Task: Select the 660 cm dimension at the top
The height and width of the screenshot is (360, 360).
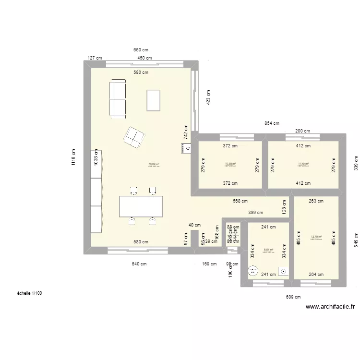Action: click(x=141, y=50)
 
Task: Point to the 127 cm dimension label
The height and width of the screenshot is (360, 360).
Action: click(x=95, y=58)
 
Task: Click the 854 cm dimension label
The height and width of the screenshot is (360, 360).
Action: click(x=272, y=123)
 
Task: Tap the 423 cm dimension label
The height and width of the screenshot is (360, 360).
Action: click(x=208, y=97)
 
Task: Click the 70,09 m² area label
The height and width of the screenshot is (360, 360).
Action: click(x=154, y=164)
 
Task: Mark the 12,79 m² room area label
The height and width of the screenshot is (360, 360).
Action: click(x=316, y=237)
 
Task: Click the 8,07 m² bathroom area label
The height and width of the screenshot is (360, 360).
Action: click(x=268, y=250)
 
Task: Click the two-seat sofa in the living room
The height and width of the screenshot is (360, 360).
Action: click(x=118, y=99)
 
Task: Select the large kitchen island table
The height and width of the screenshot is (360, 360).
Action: click(x=141, y=206)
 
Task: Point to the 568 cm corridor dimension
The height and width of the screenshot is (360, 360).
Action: click(x=240, y=202)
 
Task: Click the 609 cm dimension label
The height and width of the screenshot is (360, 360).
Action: click(x=293, y=298)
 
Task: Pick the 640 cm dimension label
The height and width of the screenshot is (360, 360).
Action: click(x=139, y=263)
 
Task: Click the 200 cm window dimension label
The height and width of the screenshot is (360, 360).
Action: click(x=302, y=131)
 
